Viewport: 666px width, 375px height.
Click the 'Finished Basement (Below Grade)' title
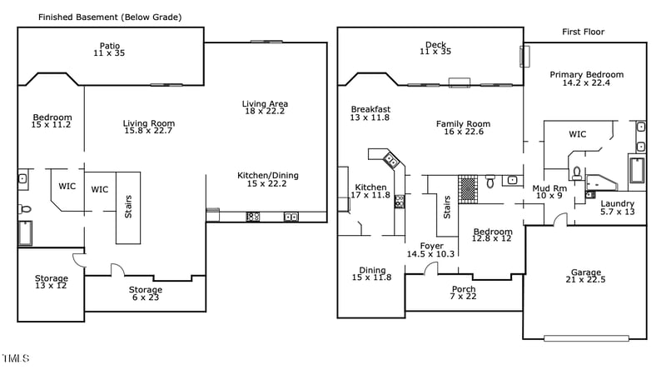coord(110,17)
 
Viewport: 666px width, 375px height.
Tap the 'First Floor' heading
coord(583,32)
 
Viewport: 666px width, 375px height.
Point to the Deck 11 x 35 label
coord(435,48)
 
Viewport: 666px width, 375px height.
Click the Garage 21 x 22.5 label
coord(585,276)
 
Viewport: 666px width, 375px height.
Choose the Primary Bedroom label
coord(586,78)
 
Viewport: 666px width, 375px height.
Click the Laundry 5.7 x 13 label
coord(617,207)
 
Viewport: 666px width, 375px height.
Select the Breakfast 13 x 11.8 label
coord(370,113)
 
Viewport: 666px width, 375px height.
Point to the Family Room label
coord(463,128)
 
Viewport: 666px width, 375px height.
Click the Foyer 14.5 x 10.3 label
coord(430,250)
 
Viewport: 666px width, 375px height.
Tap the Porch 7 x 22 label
coord(464,293)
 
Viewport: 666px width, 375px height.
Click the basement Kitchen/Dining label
coord(267,179)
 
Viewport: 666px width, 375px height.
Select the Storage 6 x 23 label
coord(145,293)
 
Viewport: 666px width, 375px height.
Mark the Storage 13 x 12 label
coord(51,282)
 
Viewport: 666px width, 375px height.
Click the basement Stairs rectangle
coord(128,207)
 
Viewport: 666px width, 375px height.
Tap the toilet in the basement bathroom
coord(25,209)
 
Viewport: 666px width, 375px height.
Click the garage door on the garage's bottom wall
coord(585,337)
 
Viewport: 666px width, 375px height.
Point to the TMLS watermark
coord(16,358)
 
